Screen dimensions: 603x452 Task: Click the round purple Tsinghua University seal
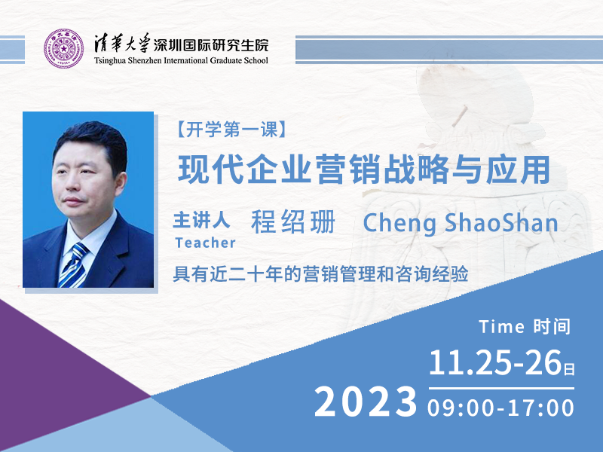click(64, 49)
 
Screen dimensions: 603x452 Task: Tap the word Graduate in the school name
click(225, 61)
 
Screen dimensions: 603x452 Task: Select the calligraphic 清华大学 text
click(122, 43)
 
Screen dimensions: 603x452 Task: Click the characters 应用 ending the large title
click(518, 169)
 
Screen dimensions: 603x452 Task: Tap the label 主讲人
click(201, 221)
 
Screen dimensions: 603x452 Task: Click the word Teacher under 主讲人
click(205, 243)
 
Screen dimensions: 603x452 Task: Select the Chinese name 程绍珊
click(293, 221)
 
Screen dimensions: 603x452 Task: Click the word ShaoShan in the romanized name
click(501, 223)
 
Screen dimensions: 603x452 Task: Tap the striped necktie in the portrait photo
click(74, 265)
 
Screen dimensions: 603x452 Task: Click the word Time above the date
click(502, 328)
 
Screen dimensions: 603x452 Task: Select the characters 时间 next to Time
click(552, 327)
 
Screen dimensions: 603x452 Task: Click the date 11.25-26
click(496, 362)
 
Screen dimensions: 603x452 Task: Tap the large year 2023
click(366, 402)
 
